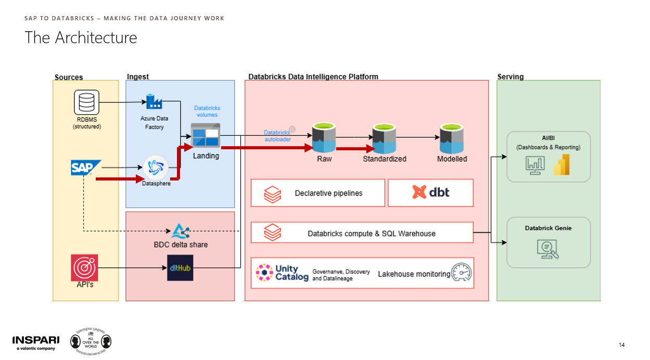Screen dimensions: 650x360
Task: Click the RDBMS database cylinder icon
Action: (86, 102)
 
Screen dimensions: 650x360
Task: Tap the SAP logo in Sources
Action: (86, 168)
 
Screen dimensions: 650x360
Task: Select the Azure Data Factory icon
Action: (154, 101)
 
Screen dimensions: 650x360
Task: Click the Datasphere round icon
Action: (156, 168)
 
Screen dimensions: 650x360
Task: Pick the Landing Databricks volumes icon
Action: (206, 135)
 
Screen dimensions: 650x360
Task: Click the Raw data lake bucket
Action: (324, 137)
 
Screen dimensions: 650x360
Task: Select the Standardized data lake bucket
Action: (384, 138)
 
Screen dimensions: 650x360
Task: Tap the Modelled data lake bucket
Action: (452, 138)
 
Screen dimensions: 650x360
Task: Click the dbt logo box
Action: (430, 192)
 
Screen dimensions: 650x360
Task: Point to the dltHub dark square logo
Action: (180, 268)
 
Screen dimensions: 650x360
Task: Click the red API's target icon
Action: (84, 268)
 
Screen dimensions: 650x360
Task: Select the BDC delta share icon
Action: (181, 231)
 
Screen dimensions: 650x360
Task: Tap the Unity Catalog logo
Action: (282, 273)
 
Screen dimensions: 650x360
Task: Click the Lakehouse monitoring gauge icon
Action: (462, 272)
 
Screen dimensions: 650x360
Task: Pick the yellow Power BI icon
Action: (562, 164)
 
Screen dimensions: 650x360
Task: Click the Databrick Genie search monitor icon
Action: (547, 249)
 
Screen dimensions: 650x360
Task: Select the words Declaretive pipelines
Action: (328, 193)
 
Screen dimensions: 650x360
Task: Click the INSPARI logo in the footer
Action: (36, 343)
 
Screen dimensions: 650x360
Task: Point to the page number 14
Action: (621, 345)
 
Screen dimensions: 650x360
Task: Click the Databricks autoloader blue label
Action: (277, 136)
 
